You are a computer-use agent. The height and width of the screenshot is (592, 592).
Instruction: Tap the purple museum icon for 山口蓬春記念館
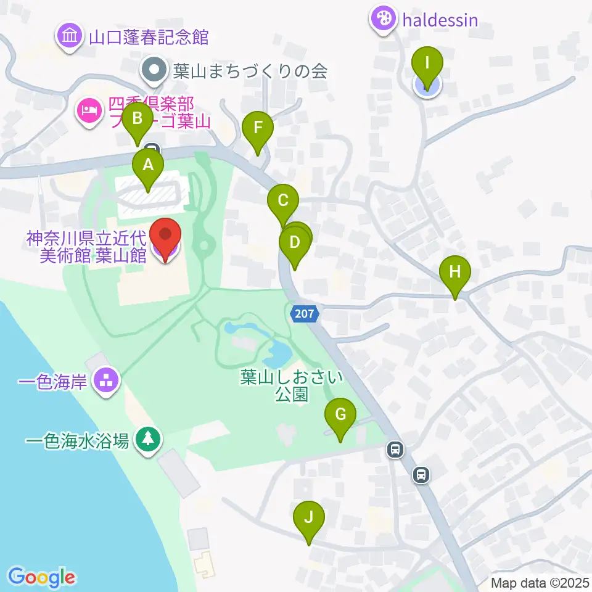[x=70, y=36]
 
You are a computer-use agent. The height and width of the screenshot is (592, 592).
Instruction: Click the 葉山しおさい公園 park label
[x=292, y=385]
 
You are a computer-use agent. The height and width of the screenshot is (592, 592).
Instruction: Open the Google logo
[x=42, y=577]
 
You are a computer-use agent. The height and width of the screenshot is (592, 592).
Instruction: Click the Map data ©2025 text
[x=539, y=582]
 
